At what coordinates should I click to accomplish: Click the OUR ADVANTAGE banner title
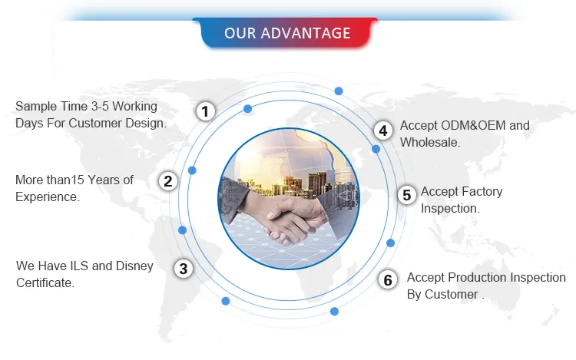point(287,33)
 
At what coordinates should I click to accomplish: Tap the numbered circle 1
point(205,111)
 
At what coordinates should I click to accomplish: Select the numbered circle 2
point(168,181)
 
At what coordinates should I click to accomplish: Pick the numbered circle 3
point(184,269)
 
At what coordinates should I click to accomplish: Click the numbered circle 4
point(383,130)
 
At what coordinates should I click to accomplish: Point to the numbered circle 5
point(406,195)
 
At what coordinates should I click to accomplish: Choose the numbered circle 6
point(388,280)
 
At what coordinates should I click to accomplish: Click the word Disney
point(134,266)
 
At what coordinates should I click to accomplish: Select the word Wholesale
point(430,142)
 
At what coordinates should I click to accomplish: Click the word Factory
point(482,191)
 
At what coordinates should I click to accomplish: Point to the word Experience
point(48,197)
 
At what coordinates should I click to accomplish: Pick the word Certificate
point(45,282)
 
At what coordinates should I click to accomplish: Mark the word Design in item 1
point(146,124)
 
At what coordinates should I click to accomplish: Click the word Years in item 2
point(104,180)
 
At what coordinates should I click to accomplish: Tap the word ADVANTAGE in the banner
point(306,33)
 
